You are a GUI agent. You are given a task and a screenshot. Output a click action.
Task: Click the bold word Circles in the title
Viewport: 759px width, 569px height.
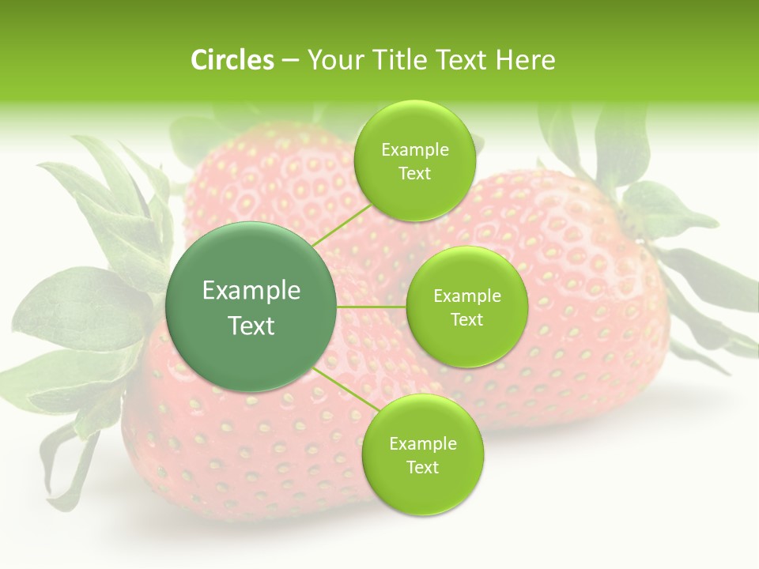click(x=232, y=60)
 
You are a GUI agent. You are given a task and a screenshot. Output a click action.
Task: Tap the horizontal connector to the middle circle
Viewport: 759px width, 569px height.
click(x=372, y=307)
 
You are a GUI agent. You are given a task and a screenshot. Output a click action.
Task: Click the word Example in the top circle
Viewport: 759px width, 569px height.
click(x=415, y=149)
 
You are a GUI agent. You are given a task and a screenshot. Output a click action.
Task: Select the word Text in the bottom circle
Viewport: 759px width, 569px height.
click(x=422, y=467)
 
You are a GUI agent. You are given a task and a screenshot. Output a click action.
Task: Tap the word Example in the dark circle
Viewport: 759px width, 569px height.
click(x=251, y=291)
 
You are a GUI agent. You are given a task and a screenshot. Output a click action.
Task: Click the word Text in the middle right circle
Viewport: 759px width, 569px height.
click(x=467, y=319)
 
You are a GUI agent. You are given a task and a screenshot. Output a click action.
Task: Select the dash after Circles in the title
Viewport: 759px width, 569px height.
click(x=290, y=60)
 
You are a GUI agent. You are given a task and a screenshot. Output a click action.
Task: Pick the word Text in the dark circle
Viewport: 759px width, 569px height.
click(x=251, y=326)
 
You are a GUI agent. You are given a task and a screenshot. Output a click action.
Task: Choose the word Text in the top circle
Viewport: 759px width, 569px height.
click(x=415, y=173)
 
